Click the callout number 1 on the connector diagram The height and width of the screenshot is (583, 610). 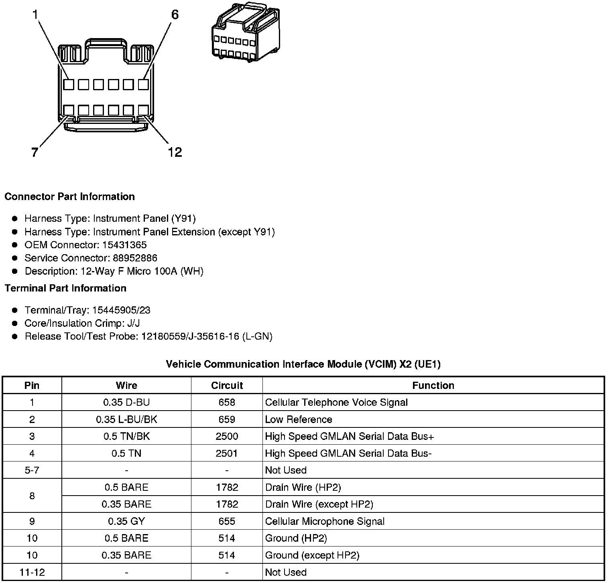pos(35,15)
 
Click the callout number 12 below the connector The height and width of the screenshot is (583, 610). pos(175,152)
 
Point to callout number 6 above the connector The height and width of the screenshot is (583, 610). pos(175,15)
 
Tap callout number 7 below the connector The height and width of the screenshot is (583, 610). pos(35,152)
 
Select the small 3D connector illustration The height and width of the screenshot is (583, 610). pos(246,32)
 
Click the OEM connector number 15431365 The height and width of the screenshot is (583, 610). pos(124,245)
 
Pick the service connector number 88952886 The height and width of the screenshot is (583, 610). pos(135,258)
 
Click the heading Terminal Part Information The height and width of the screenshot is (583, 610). pos(65,288)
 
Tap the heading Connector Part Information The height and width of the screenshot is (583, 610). pos(69,196)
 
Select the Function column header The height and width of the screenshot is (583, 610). pos(433,385)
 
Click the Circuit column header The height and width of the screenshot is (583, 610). pos(227,385)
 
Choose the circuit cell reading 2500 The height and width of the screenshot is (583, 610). pos(227,436)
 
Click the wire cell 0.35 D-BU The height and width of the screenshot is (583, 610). pos(126,402)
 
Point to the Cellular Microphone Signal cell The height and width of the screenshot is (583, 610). pos(325,521)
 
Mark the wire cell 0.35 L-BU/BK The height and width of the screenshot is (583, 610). pos(126,419)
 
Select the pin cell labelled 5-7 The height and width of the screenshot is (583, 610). pos(32,470)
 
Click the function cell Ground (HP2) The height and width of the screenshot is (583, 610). pos(296,538)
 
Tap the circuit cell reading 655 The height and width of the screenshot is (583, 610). pos(227,521)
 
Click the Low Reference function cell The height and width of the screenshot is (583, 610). pos(299,419)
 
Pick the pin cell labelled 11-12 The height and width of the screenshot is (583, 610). pos(32,572)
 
